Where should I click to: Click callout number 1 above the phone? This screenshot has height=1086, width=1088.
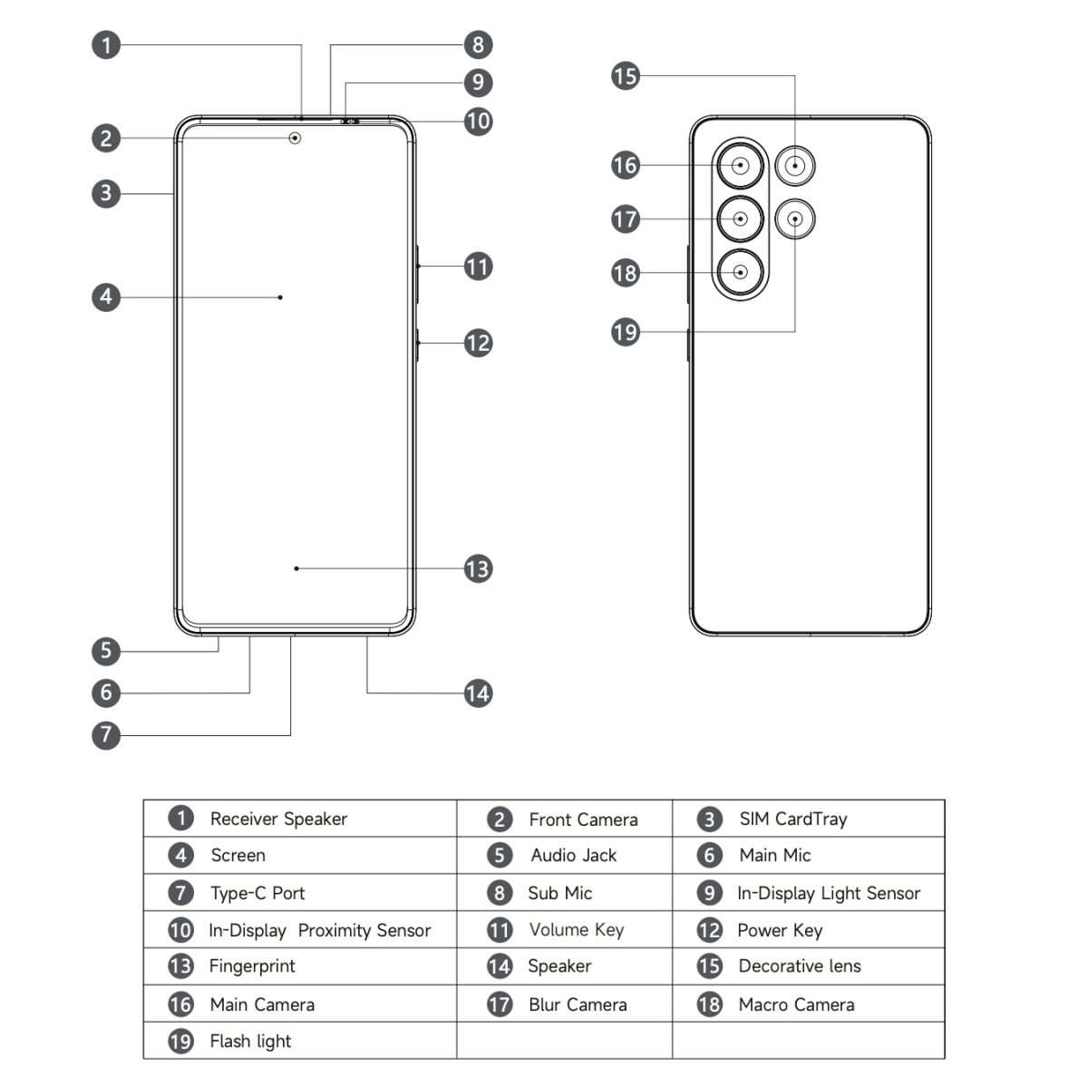point(106,44)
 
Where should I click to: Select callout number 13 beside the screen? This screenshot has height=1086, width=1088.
point(478,569)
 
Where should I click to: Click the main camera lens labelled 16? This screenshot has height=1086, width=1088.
point(741,166)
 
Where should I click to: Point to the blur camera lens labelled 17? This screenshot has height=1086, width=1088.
point(741,218)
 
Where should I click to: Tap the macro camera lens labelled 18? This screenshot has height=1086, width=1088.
point(741,271)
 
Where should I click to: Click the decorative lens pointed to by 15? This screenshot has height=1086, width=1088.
point(795,166)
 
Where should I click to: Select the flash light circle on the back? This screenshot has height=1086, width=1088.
point(795,218)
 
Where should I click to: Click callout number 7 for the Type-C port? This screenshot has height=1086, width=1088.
point(106,734)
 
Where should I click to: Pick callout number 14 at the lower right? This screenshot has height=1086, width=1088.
point(478,693)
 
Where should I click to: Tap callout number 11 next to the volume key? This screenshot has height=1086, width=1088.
point(478,267)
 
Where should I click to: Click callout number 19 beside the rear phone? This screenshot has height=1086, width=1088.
point(626,332)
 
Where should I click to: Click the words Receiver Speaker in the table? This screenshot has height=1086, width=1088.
point(278,819)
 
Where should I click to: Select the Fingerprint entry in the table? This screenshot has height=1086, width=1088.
point(252,966)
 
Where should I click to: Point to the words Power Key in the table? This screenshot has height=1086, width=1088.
point(780,930)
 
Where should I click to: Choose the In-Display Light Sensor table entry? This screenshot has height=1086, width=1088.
point(829,894)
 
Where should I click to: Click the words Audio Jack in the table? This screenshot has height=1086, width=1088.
point(574,856)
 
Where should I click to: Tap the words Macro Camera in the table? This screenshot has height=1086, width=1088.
point(796,1004)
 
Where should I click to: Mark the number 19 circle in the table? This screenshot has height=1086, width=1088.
point(181,1042)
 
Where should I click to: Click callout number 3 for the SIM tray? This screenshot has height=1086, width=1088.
point(106,193)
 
